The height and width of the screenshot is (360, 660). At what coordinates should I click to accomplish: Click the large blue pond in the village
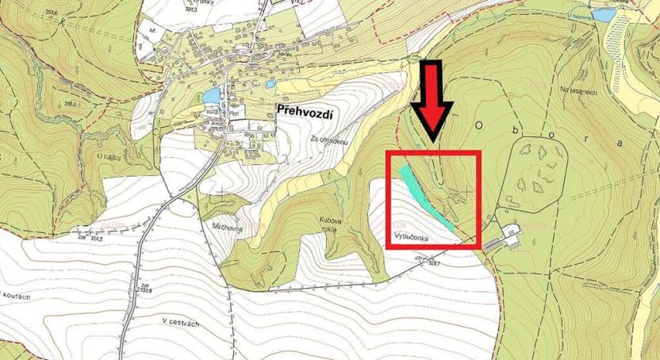[x=211, y=96]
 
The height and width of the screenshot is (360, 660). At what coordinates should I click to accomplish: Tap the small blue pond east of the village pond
[x=271, y=83]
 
